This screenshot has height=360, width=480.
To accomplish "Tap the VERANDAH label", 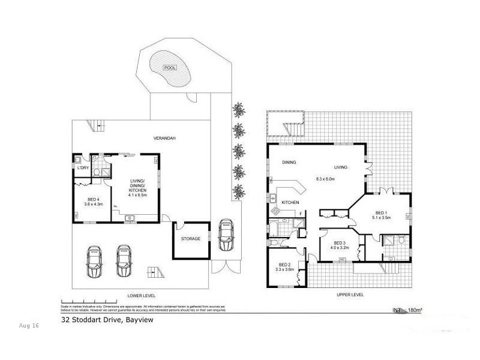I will coord(164,138).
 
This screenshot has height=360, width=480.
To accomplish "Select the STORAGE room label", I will coord(190,239).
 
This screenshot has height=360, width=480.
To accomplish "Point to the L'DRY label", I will coord(83,168).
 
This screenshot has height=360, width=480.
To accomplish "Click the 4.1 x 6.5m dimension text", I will coord(138,194).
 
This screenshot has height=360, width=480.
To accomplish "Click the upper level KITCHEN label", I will coord(290,203).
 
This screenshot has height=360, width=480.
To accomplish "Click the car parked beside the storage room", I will coord(226,235).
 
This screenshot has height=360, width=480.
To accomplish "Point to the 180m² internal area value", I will coord(415,310).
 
